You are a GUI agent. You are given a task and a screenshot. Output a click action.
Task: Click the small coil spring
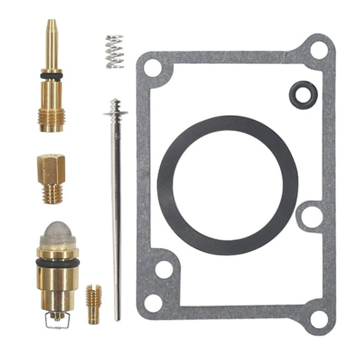pyautogui.click(x=114, y=51)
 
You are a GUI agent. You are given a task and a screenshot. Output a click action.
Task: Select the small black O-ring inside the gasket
pyautogui.click(x=303, y=94)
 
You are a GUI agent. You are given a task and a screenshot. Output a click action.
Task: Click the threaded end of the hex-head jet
pyautogui.click(x=52, y=193)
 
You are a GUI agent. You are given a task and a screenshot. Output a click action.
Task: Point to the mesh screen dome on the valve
pyautogui.click(x=57, y=234)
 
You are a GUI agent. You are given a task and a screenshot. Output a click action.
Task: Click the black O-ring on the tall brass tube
pyautogui.click(x=51, y=76)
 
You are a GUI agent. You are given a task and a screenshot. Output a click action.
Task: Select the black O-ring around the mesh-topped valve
pyautogui.click(x=57, y=263)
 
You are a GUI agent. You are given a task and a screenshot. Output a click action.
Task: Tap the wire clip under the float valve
pyautogui.click(x=57, y=321)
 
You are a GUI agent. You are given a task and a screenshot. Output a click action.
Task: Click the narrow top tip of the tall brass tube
pyautogui.click(x=51, y=28)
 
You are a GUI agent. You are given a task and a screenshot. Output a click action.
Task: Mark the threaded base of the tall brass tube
pyautogui.click(x=51, y=119)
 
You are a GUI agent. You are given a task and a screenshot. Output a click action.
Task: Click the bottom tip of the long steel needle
pyautogui.click(x=117, y=317)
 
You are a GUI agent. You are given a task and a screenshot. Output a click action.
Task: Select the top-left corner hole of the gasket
pyautogui.click(x=153, y=67)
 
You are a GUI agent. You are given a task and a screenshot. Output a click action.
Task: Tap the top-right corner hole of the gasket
pyautogui.click(x=319, y=49)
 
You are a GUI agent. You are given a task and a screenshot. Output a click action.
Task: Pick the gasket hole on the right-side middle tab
pyautogui.click(x=310, y=216)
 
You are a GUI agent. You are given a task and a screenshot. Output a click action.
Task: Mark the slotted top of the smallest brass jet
pyautogui.click(x=94, y=288)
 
